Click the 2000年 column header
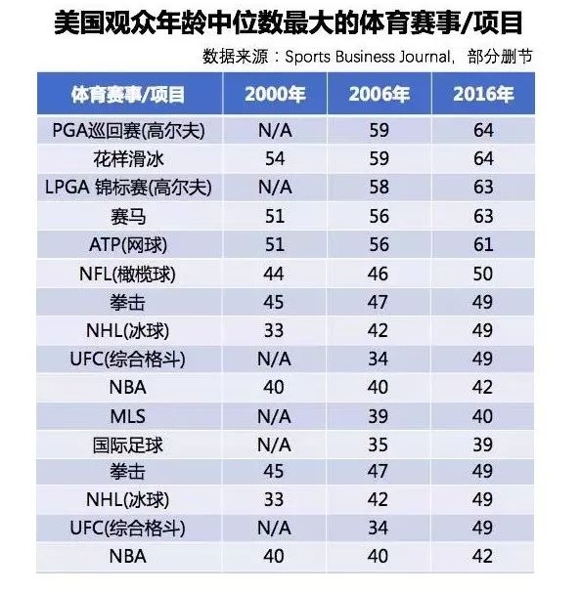pos(274,95)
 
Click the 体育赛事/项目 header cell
pos(129,95)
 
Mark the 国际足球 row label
pos(129,445)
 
